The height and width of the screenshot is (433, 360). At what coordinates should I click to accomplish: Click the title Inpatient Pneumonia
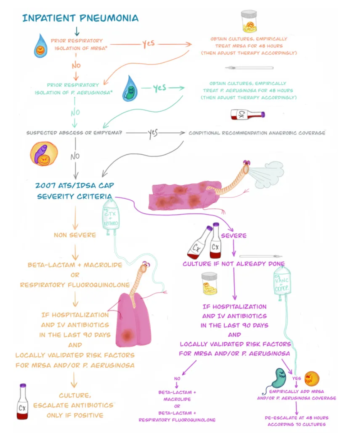(80, 18)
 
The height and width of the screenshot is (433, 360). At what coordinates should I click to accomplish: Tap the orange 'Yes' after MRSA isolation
(148, 44)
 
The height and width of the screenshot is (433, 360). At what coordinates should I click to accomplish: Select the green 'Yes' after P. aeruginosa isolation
(159, 88)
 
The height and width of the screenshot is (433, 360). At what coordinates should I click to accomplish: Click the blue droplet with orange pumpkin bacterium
(40, 47)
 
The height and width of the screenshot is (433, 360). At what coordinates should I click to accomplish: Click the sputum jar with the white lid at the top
(249, 21)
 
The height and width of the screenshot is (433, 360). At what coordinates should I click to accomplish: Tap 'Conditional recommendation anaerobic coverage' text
(257, 133)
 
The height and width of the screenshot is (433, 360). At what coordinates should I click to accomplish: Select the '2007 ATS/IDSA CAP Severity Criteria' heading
(74, 191)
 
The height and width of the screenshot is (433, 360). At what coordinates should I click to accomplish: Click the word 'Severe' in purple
(234, 235)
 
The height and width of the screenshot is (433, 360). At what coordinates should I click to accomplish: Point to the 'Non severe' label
(75, 235)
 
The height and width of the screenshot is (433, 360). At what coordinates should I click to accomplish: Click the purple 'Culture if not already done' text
(234, 264)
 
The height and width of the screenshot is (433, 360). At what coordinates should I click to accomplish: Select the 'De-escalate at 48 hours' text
(296, 421)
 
